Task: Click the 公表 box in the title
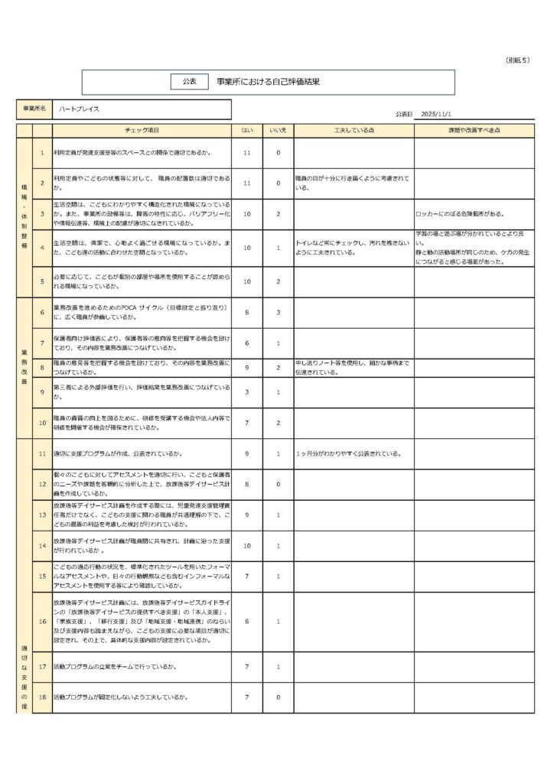[190, 81]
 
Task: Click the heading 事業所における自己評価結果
[267, 81]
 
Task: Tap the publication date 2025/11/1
[447, 114]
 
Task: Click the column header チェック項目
[142, 131]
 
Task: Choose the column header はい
[247, 131]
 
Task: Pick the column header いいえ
[278, 131]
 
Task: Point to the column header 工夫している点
[354, 131]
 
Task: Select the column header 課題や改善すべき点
[474, 131]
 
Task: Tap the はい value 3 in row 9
[247, 391]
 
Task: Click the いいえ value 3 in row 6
[278, 312]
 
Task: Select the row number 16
[43, 622]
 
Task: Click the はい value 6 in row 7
[247, 343]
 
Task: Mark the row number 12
[43, 484]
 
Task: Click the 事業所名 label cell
[34, 109]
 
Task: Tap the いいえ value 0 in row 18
[278, 697]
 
